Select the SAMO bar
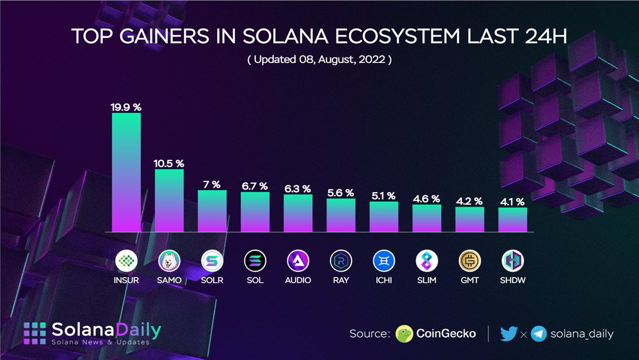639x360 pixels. point(169,200)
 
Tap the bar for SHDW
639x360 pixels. point(513,219)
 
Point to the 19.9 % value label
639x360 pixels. point(126,107)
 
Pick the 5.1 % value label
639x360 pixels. point(384,195)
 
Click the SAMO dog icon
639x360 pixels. point(169,261)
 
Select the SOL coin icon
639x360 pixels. point(255,261)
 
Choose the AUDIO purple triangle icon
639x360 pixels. point(298,261)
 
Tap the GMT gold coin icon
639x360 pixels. point(470,261)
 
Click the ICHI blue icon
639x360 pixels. point(384,261)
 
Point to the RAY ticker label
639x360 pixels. point(341,280)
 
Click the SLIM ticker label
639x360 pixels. point(427,280)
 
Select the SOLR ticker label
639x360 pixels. point(212,280)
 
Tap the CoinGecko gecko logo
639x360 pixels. point(405,334)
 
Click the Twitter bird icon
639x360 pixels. point(509,334)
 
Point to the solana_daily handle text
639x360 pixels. point(582,334)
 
